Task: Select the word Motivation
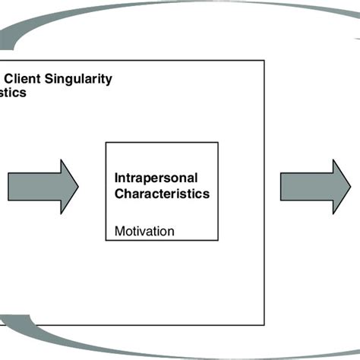point(144,230)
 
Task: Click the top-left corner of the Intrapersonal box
point(105,142)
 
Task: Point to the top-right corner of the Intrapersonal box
point(219,142)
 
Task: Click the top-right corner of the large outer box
point(264,60)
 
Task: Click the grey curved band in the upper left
point(46,34)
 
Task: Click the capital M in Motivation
point(118,230)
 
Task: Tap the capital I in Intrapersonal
point(116,178)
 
